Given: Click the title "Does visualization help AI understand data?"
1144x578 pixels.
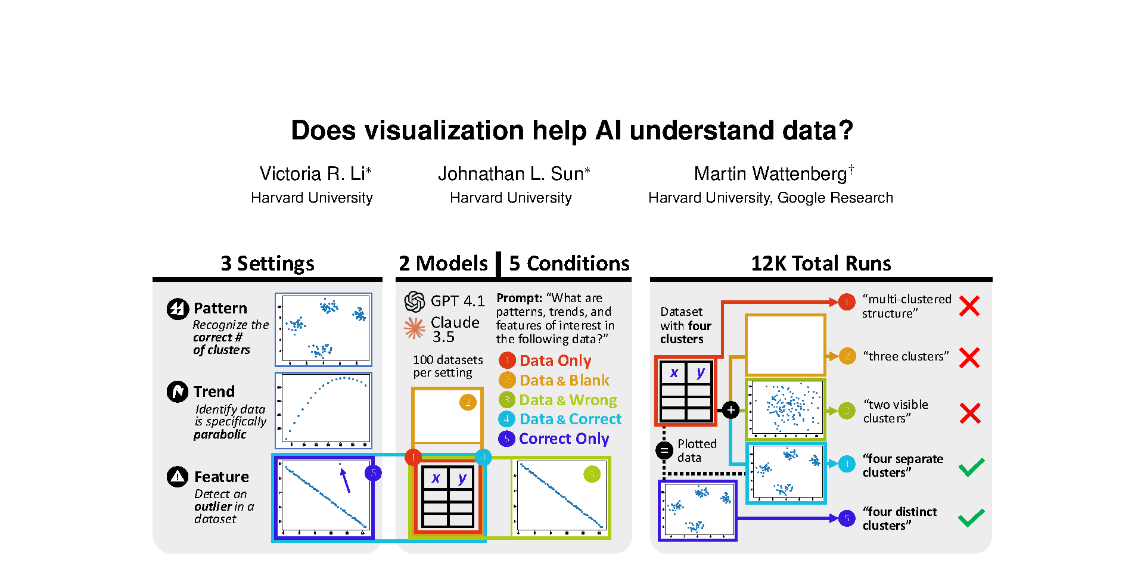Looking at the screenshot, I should click(572, 130).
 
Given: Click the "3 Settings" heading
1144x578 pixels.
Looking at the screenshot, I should click(268, 263).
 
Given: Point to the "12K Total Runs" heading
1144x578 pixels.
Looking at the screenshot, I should click(820, 263).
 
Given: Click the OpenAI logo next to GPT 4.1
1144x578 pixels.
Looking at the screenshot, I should click(415, 302).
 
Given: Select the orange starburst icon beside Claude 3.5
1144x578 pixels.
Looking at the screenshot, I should click(415, 328).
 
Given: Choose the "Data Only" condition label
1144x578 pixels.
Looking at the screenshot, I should click(555, 361).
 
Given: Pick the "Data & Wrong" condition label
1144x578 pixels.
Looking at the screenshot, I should click(568, 400).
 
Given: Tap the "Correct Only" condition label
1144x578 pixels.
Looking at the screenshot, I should click(564, 439).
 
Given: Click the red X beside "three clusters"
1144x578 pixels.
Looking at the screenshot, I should click(969, 358).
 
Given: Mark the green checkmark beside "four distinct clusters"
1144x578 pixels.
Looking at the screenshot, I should click(971, 517).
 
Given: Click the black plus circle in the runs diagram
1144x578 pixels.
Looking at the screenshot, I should click(730, 410).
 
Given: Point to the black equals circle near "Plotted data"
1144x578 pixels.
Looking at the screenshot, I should click(664, 450).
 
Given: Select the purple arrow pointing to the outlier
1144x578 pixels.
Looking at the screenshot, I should click(346, 480).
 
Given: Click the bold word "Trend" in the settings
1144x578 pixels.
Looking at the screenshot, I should click(214, 391).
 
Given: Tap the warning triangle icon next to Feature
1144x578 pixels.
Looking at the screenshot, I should click(178, 477).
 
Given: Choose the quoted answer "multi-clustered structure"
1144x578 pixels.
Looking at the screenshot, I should click(906, 306).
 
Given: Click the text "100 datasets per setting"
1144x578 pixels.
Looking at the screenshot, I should click(447, 366).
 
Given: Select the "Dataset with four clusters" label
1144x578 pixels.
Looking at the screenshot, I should click(685, 325).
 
